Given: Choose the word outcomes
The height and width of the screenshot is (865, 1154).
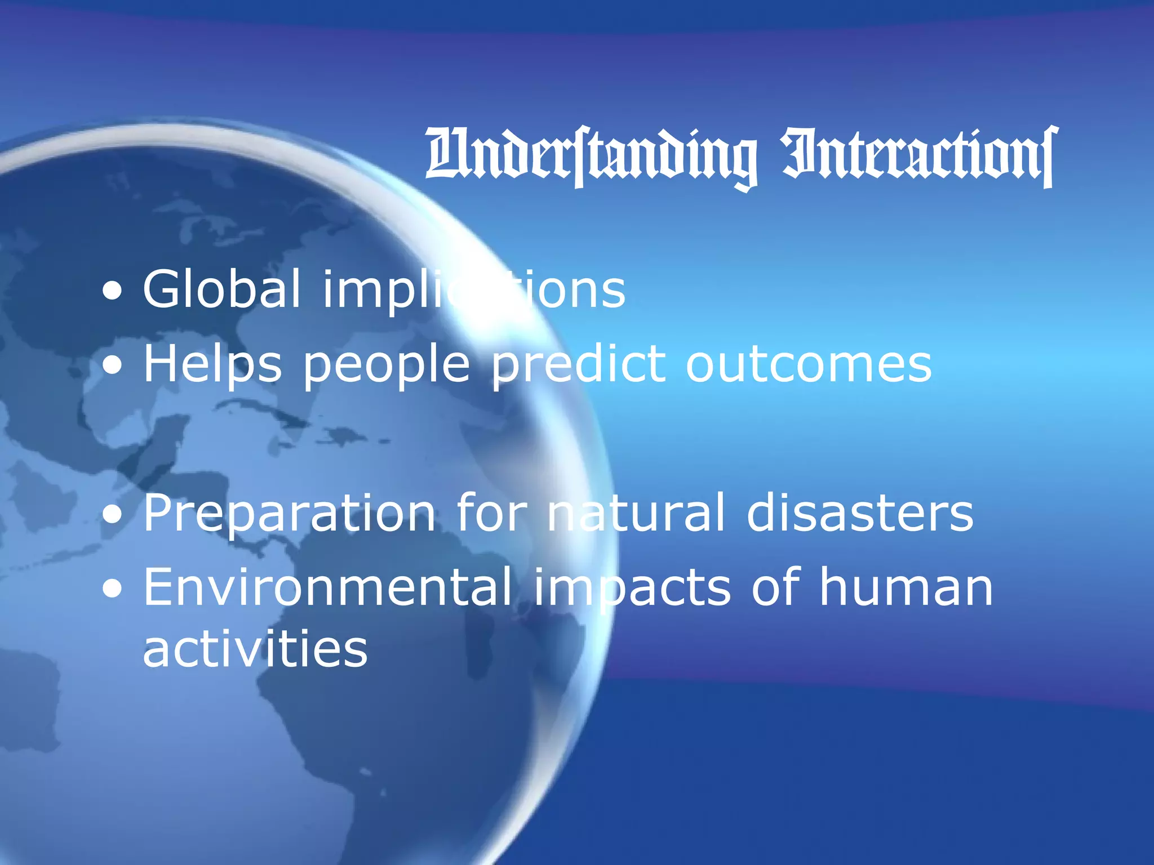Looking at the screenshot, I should point(808,364).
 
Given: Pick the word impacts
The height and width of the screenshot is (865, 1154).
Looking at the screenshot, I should point(632,589).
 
